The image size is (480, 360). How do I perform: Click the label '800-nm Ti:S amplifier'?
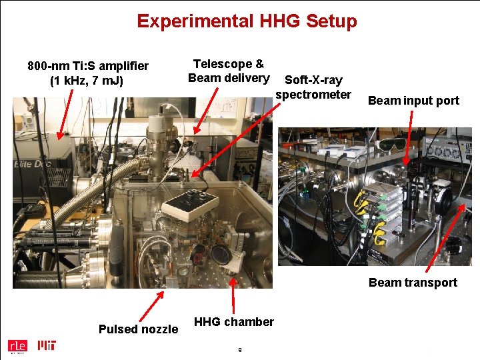(x=88, y=66)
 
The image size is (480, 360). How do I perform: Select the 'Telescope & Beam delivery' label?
(x=229, y=71)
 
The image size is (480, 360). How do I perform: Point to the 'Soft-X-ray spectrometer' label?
(x=313, y=87)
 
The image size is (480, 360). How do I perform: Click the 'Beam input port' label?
(x=413, y=101)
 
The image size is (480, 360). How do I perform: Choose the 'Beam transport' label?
(x=413, y=282)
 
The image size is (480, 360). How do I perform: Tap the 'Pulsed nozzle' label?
(x=138, y=329)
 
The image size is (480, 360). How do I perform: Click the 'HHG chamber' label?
(x=233, y=322)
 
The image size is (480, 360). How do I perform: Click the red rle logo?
(x=16, y=345)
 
